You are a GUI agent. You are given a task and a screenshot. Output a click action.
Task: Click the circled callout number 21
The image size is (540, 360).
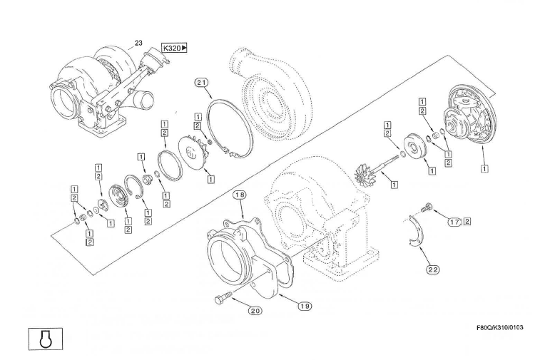coord(202,83)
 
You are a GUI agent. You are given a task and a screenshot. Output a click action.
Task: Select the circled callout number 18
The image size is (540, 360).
coord(239,194)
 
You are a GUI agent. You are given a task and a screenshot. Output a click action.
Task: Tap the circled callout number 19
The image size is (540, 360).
coord(305,306)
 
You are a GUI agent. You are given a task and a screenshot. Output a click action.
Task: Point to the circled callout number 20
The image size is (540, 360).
coord(255,310)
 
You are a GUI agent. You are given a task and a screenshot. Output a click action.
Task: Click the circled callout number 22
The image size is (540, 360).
coord(433,269)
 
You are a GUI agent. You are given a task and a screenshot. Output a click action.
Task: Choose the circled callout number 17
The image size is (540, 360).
coord(454,222)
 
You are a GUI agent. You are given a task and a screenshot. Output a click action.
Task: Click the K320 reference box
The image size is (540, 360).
coord(174,48)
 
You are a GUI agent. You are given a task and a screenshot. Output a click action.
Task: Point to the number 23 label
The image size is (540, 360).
coord(138,43)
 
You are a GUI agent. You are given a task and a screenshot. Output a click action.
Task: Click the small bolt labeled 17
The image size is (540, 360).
coord(427,207)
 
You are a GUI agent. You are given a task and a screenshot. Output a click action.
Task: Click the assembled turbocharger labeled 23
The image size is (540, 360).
coord(107,89)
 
